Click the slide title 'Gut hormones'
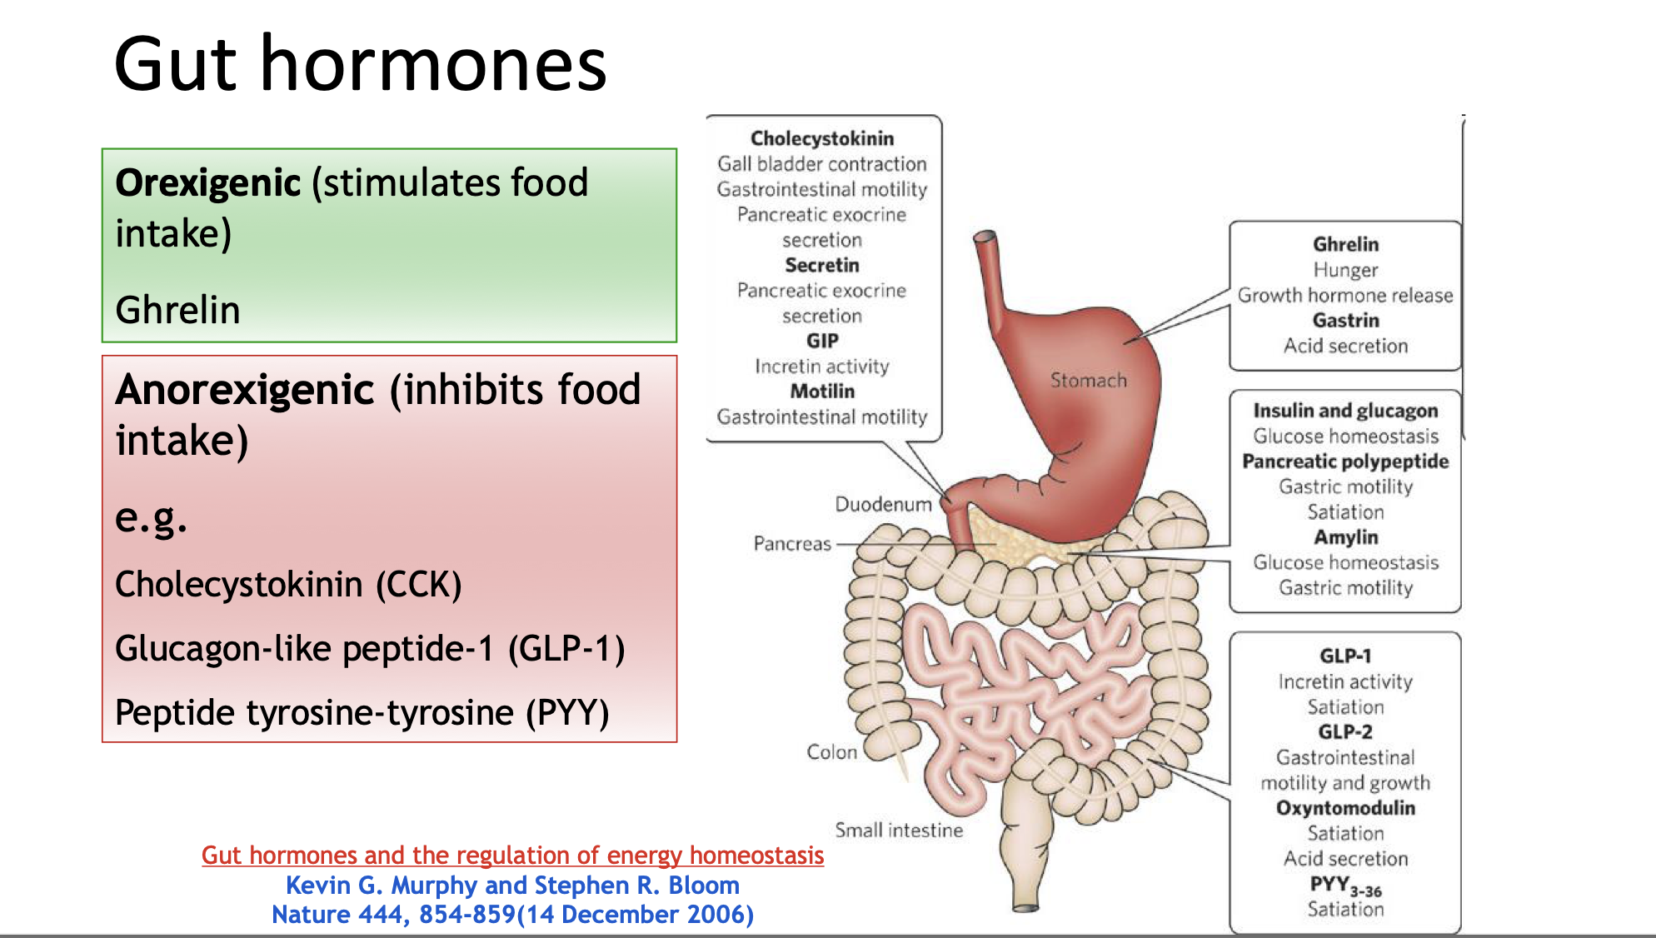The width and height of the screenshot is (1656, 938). (x=360, y=65)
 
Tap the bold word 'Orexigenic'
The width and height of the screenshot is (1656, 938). (x=207, y=183)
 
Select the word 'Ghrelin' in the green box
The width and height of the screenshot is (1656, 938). (x=177, y=310)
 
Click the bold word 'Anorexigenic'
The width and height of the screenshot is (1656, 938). (x=245, y=390)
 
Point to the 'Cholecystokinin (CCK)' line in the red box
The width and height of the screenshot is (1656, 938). (x=288, y=585)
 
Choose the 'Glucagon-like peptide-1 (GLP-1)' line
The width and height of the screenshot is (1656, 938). (x=370, y=649)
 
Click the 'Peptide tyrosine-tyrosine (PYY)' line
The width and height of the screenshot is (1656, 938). (x=362, y=713)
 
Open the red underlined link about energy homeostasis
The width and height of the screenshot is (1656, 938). (x=512, y=856)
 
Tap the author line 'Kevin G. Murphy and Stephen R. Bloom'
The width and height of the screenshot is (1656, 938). (x=512, y=886)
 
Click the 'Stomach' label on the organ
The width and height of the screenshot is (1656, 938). (x=1088, y=381)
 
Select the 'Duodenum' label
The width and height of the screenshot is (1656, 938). (x=883, y=505)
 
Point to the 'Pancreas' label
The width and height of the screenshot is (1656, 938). (x=792, y=544)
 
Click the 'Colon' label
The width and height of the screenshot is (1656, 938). (x=831, y=752)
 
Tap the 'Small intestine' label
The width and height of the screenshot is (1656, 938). (x=899, y=831)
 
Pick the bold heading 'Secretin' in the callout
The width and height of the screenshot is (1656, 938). (x=821, y=266)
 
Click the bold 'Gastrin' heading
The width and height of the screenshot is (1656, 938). (x=1345, y=321)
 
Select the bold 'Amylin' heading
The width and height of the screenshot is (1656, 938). (x=1345, y=537)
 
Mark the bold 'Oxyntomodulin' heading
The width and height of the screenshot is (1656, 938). (x=1345, y=808)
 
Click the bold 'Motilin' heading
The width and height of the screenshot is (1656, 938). (x=821, y=392)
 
